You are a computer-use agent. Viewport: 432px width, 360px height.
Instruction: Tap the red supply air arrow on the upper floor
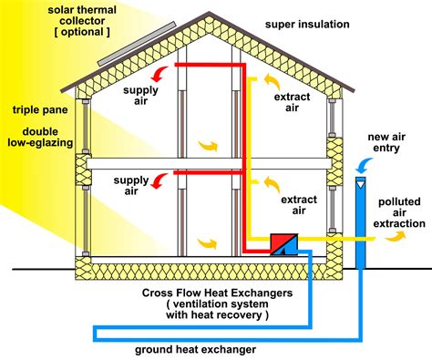point(160,73)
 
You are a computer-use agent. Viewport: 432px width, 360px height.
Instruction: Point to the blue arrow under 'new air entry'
point(362,164)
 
